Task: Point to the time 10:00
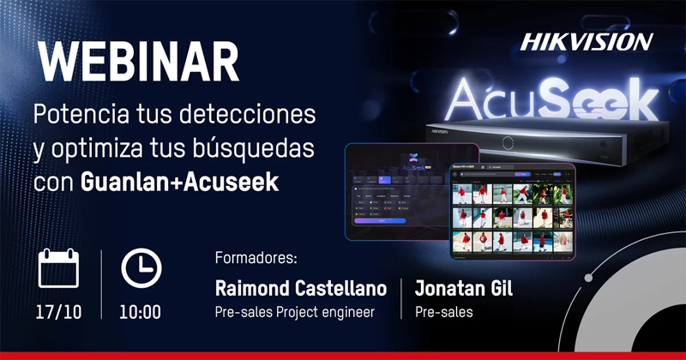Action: (139, 313)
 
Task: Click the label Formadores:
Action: (255, 258)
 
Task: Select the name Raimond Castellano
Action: (300, 288)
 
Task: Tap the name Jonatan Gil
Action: (463, 288)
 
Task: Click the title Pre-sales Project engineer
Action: (294, 312)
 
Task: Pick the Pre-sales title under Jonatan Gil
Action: (442, 312)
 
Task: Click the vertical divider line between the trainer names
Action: (400, 299)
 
